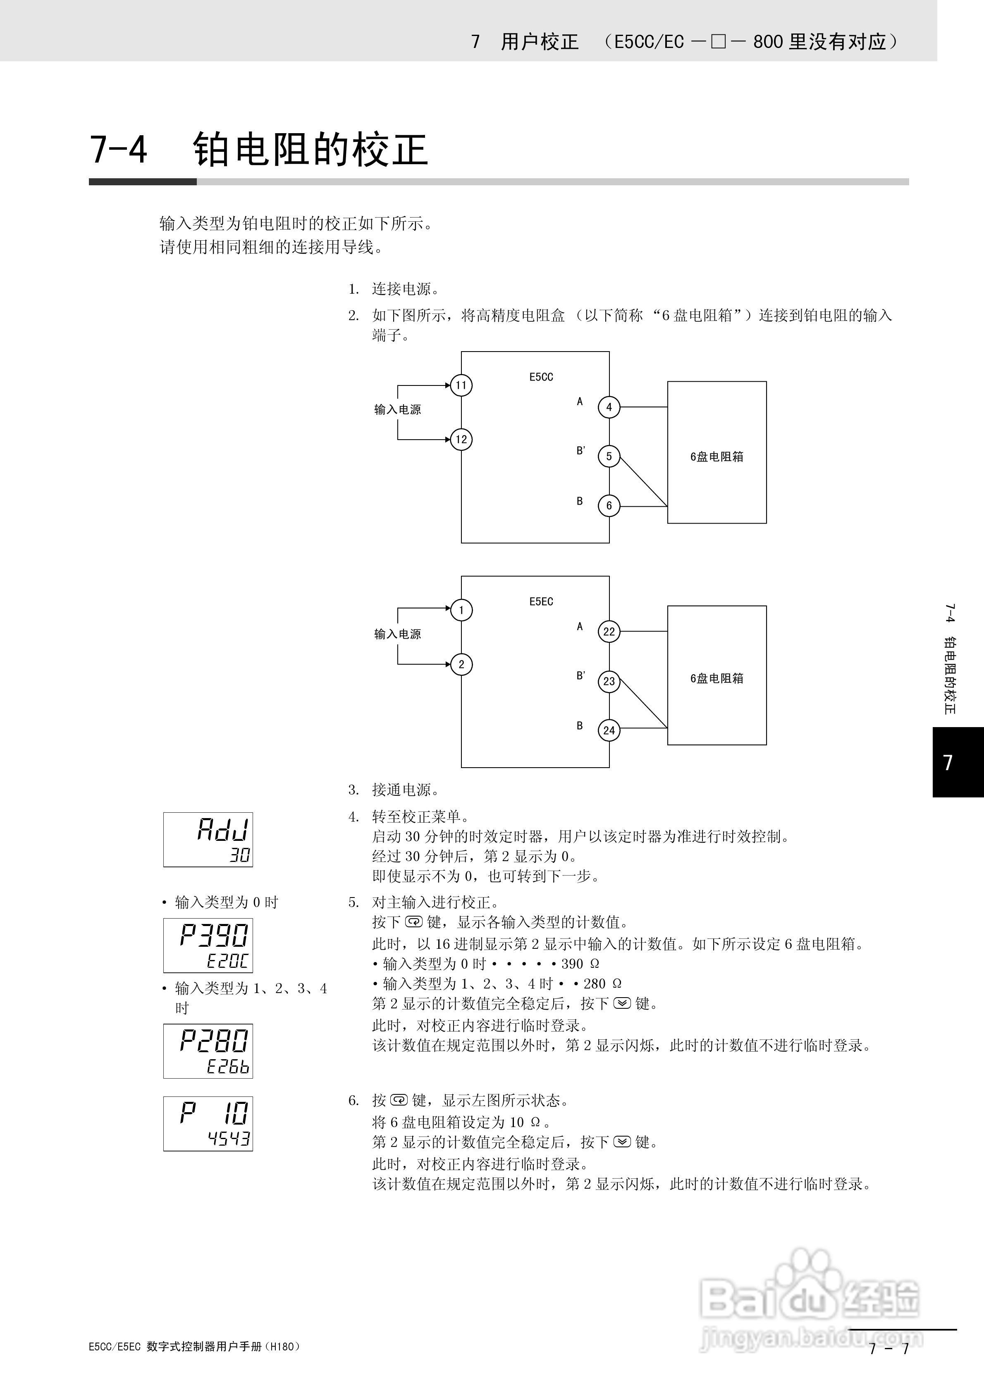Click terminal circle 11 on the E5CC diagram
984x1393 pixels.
461,385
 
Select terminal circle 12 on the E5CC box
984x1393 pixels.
461,439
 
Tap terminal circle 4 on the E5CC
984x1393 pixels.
609,407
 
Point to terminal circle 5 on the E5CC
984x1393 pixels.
609,456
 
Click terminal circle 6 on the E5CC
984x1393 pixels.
609,505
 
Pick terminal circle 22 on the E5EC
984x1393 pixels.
609,632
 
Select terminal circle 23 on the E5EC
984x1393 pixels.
609,681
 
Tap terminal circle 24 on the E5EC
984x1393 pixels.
609,730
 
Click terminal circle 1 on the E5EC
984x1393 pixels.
461,610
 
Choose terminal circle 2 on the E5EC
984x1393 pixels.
461,664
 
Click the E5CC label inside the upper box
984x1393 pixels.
541,377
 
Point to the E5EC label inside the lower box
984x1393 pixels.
541,601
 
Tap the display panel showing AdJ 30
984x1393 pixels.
208,840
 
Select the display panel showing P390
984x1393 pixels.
208,945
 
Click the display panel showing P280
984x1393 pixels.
208,1051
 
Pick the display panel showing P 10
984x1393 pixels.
208,1124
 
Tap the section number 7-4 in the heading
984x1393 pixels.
119,149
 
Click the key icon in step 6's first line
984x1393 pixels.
399,1100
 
